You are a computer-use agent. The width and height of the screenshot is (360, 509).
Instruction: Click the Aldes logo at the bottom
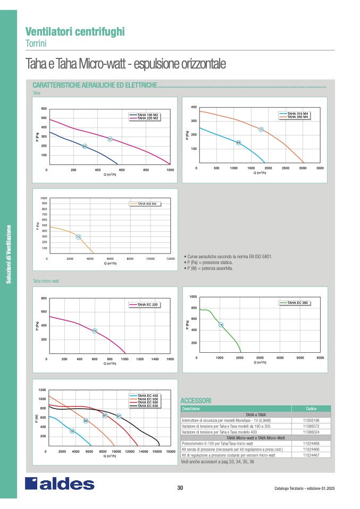coord(60,483)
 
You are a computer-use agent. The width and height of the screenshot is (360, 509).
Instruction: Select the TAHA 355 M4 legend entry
coord(297,117)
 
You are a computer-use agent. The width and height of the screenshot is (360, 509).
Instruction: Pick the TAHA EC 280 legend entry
coord(297,302)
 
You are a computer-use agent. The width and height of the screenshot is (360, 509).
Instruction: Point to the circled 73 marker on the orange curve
coord(261,129)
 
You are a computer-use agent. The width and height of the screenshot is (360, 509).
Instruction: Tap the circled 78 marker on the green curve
coord(221,325)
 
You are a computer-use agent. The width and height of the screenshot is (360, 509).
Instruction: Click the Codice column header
coord(311,409)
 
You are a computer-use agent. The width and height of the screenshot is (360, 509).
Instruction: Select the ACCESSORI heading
coord(196,400)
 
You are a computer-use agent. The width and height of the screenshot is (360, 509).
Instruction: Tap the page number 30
coord(180,488)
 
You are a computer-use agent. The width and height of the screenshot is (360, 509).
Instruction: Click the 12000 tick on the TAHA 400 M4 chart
coord(170,259)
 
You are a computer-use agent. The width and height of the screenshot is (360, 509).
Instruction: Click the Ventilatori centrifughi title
coord(75,31)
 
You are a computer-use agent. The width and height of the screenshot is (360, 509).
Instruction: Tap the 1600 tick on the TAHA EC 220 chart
coord(170,359)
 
